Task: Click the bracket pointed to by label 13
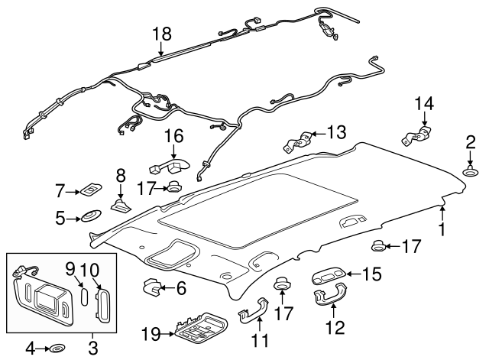(x=298, y=141)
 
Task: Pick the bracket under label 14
(x=415, y=137)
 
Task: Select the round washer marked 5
(x=91, y=217)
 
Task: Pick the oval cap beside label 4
(x=57, y=349)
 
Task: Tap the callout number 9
(x=70, y=268)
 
